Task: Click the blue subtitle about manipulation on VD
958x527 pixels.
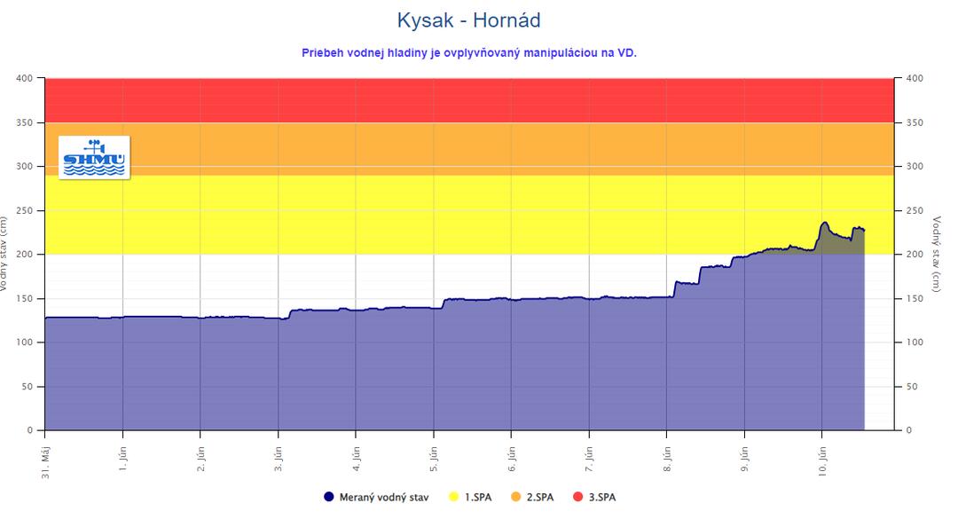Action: coord(469,52)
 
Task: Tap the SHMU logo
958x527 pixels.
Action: coord(94,158)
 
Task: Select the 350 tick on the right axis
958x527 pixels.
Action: coord(914,123)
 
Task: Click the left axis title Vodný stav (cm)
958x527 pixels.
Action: coord(4,255)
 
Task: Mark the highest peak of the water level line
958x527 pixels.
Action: coord(825,223)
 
